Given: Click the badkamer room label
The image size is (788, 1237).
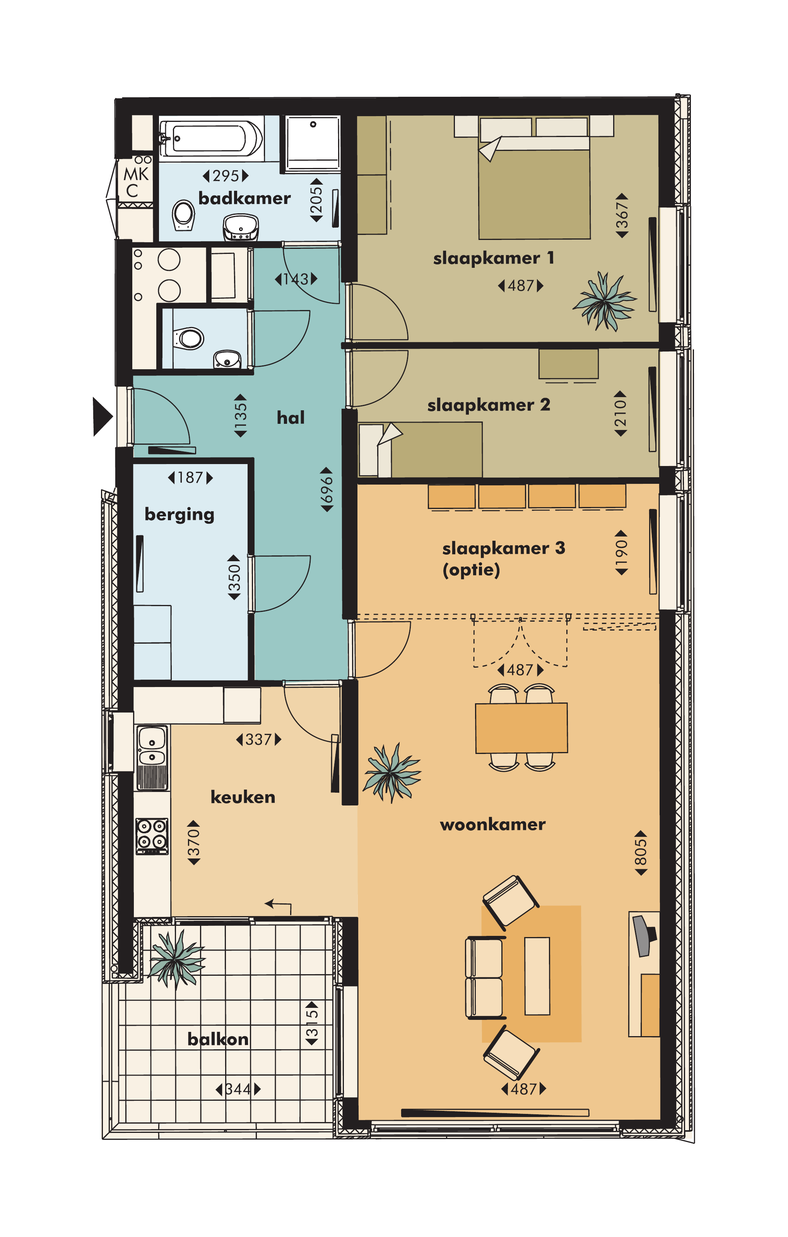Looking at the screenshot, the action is (244, 198).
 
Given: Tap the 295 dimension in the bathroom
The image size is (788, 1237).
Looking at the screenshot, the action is (226, 176).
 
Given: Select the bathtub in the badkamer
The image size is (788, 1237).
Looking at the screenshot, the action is (211, 138).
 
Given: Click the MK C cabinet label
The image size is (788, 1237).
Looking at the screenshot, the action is (135, 182).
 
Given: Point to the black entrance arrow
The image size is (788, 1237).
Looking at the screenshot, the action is (102, 416).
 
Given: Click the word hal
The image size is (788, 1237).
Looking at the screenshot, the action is (291, 418).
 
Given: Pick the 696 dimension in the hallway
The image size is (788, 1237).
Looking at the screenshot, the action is (326, 490).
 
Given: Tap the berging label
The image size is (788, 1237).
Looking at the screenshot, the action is (179, 515).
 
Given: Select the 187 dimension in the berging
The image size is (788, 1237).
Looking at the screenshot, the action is (190, 478).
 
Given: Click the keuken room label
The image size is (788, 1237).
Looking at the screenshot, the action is (243, 797).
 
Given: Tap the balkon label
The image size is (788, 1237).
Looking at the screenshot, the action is (218, 1039).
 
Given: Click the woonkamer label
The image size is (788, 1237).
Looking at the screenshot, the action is (492, 824).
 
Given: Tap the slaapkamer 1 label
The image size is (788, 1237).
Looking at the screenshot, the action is (493, 258).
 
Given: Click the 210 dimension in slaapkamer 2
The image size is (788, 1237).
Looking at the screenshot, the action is (620, 413).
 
